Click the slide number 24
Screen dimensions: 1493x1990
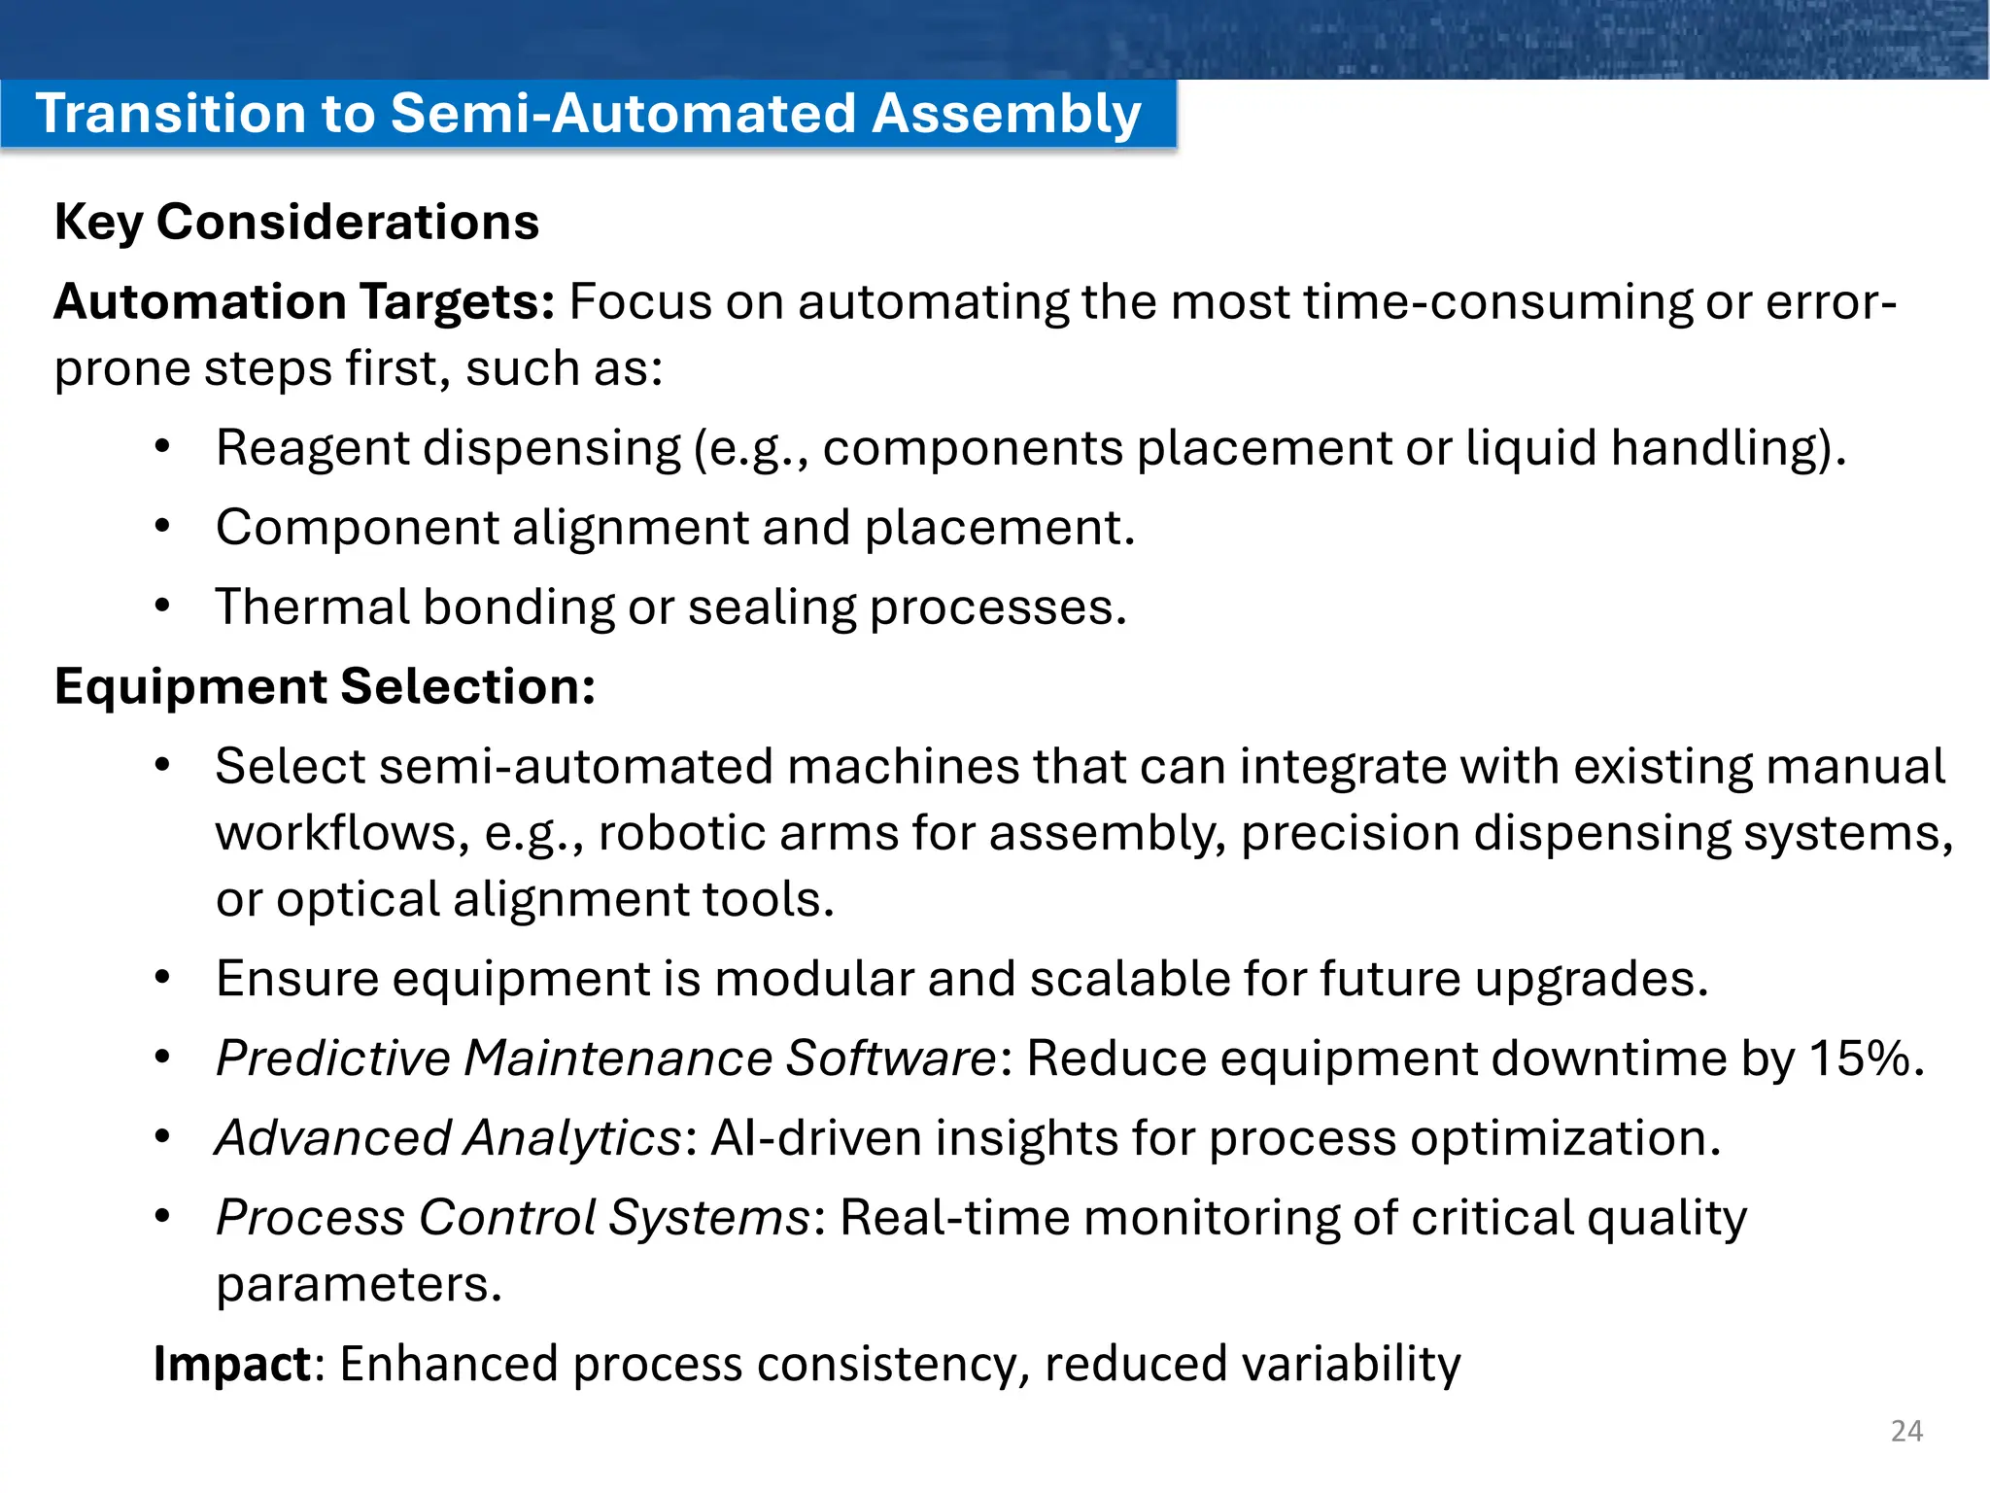(x=1906, y=1431)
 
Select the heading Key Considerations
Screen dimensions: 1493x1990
(x=296, y=222)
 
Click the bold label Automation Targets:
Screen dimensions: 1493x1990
(x=304, y=301)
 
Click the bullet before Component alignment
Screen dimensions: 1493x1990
(x=162, y=527)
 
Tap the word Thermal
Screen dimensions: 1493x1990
(x=312, y=608)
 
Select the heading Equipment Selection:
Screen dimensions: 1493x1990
(x=325, y=686)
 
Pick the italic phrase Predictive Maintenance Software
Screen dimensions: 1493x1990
(x=604, y=1058)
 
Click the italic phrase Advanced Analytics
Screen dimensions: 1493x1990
(x=448, y=1137)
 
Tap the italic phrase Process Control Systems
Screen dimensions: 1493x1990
(x=513, y=1217)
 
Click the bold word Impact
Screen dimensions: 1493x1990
(x=231, y=1364)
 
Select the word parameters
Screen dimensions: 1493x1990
(x=358, y=1285)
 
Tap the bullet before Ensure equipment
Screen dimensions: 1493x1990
(x=162, y=978)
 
